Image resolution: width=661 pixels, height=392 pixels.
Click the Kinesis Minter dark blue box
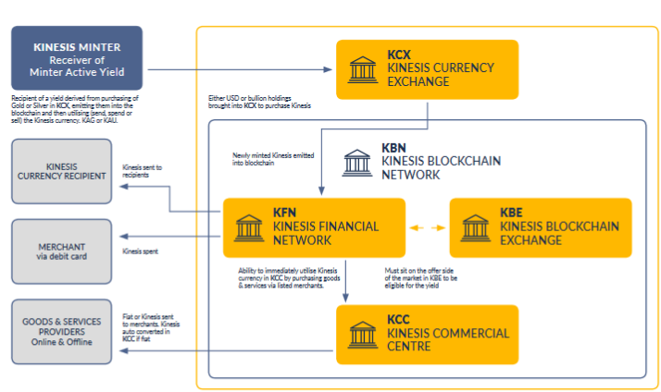pyautogui.click(x=76, y=57)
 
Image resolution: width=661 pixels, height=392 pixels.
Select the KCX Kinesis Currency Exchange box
pyautogui.click(x=427, y=69)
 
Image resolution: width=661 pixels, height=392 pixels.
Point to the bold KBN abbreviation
pyautogui.click(x=394, y=147)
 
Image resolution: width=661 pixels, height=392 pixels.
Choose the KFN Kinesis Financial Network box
pyautogui.click(x=314, y=227)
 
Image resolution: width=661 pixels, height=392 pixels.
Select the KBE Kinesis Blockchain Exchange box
pyautogui.click(x=540, y=227)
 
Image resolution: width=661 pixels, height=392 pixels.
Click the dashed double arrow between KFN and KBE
pyautogui.click(x=428, y=227)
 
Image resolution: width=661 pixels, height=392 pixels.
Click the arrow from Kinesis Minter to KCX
pyautogui.click(x=241, y=69)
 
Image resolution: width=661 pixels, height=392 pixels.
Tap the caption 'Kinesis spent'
pyautogui.click(x=141, y=251)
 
